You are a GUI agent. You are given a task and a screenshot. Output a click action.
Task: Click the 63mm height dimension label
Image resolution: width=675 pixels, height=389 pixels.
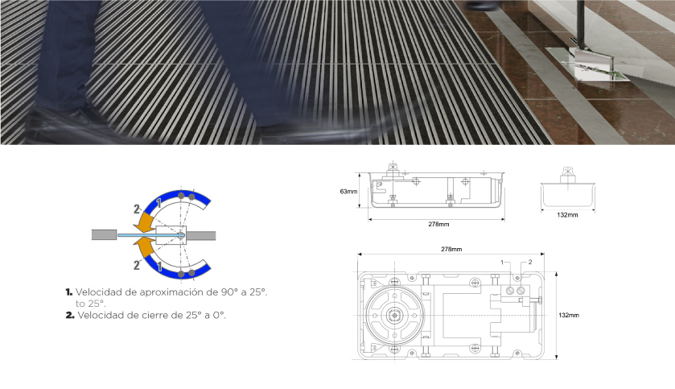[348, 191]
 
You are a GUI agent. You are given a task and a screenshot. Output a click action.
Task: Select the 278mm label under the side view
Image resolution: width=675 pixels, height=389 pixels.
[438, 224]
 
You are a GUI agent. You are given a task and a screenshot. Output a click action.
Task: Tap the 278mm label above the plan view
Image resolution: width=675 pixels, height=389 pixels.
[451, 249]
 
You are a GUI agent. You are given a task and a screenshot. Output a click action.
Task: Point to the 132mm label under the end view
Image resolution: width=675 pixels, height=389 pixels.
[567, 215]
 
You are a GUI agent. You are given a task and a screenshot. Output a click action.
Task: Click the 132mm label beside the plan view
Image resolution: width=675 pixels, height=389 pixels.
[569, 316]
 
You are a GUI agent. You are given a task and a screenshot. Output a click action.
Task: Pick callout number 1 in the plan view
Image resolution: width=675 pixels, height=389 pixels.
[502, 263]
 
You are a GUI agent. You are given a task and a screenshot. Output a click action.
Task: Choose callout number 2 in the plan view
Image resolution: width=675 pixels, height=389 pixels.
[530, 262]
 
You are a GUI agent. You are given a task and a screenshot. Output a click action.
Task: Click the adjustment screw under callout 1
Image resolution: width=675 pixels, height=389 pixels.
[510, 291]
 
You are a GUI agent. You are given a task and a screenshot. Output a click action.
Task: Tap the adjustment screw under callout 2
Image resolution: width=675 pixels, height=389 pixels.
[521, 291]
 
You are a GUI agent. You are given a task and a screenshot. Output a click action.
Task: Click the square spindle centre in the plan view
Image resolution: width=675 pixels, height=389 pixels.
[394, 316]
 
